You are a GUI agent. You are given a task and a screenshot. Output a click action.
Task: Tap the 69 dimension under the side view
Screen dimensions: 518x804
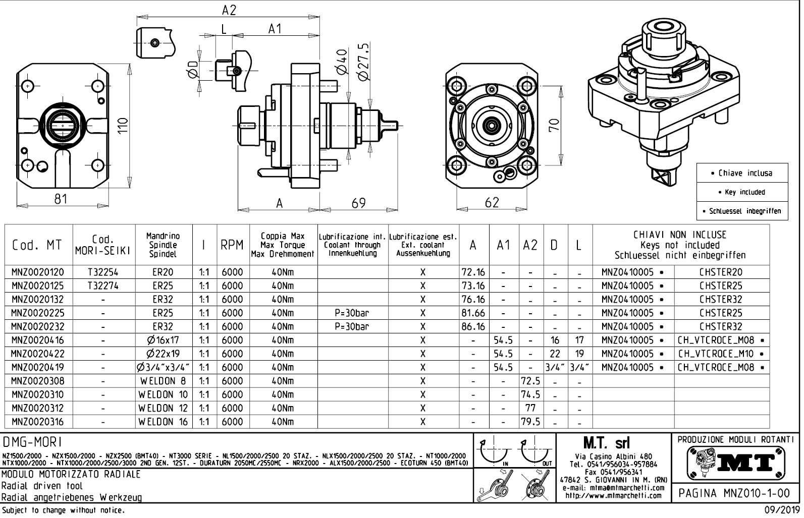[x=358, y=203]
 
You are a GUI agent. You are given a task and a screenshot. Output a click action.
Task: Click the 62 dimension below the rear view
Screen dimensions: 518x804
[x=492, y=203]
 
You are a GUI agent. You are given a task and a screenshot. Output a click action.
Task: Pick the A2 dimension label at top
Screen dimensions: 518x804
[x=229, y=10]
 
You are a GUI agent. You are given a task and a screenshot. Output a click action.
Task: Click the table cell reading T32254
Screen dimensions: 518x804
[x=103, y=272]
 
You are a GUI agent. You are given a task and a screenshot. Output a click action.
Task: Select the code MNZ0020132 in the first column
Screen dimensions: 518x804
[x=38, y=299]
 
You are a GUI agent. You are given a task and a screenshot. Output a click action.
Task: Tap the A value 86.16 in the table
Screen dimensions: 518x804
[x=473, y=326]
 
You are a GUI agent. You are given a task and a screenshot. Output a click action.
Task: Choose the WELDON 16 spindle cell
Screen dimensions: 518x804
[x=163, y=422]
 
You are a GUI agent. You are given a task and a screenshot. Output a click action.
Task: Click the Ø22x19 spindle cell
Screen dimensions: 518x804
[x=163, y=354]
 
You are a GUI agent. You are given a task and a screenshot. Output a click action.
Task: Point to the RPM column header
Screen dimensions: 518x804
[x=232, y=245]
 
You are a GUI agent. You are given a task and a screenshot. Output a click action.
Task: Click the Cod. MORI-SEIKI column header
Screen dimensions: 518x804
[x=104, y=245]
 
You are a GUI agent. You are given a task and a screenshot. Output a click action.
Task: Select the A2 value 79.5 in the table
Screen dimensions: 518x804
[x=530, y=422]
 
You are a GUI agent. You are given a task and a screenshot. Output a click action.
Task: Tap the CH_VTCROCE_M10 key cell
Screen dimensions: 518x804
[x=719, y=354]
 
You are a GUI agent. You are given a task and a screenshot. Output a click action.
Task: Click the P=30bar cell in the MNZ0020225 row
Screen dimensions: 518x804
[x=352, y=313]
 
